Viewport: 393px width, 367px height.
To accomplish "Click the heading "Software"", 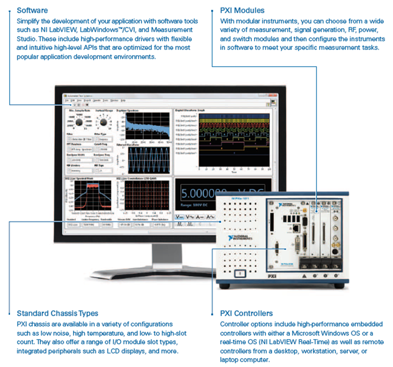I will [32, 10].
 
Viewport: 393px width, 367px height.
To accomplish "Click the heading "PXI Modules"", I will [242, 10].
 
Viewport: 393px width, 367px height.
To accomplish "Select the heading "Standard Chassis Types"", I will [57, 314].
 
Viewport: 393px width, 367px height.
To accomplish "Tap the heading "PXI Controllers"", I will [246, 314].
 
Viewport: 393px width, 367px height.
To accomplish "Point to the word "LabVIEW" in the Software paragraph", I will [84, 30].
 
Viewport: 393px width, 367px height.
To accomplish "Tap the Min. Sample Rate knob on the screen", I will [78, 122].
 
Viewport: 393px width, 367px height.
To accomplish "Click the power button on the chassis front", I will [239, 274].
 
